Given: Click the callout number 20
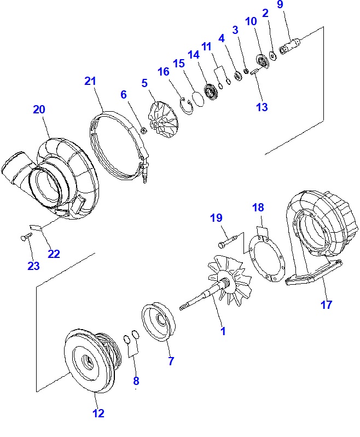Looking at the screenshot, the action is (39, 110).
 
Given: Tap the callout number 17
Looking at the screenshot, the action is (326, 304).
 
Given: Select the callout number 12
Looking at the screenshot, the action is (98, 413).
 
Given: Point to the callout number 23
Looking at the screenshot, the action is (33, 266).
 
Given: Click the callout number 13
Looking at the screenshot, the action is (262, 107).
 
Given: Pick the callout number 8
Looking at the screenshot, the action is (136, 381).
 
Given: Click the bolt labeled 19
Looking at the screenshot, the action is (228, 242).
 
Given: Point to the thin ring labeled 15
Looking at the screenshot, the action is (198, 99).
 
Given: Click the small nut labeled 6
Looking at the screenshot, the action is (143, 130).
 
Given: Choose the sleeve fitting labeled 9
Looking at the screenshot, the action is (291, 47).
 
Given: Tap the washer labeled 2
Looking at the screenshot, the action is (273, 55).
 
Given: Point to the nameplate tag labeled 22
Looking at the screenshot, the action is (36, 227).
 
